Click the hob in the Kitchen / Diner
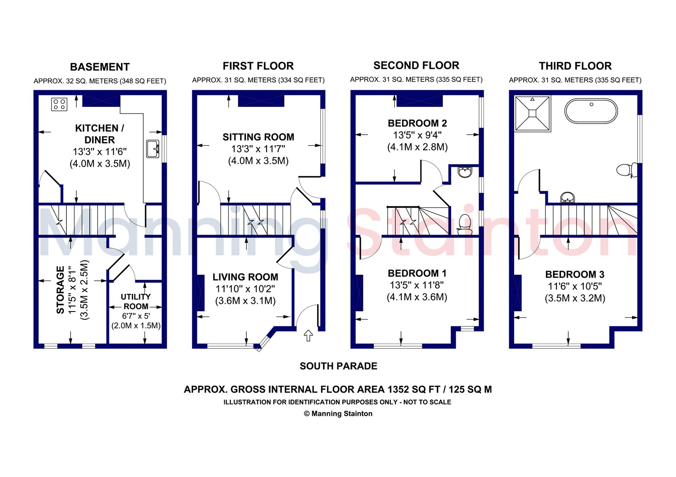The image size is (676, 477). [59, 104]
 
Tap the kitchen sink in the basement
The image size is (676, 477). [153, 149]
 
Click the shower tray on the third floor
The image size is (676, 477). [533, 114]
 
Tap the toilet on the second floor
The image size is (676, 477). [465, 224]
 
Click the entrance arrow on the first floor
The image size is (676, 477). [308, 335]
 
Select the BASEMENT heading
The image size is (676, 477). [100, 67]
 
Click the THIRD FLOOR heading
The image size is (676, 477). [575, 66]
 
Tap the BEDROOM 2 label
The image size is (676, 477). [417, 123]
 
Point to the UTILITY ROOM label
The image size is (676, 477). [136, 301]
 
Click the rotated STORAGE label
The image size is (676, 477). [61, 290]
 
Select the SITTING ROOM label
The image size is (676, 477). [258, 137]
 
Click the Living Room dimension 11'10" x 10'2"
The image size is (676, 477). [245, 289]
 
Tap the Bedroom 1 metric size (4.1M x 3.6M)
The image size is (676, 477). [417, 297]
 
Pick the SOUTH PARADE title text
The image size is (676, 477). [338, 366]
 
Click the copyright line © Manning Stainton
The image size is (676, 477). [338, 414]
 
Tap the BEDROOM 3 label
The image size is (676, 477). [575, 274]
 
